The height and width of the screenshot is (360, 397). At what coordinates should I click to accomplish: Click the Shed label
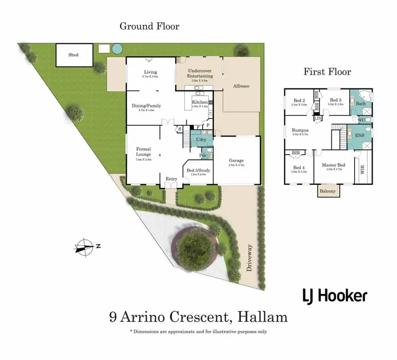[x=73, y=55]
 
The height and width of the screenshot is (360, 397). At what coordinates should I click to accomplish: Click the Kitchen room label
[x=200, y=102]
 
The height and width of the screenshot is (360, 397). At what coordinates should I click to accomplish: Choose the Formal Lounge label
[x=144, y=152]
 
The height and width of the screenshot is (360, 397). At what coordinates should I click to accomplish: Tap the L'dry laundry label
[x=201, y=139]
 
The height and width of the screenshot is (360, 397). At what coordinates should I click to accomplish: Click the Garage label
[x=237, y=160]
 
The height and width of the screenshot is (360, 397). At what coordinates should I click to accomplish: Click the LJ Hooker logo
[x=335, y=295]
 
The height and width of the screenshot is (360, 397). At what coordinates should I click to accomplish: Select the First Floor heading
[x=327, y=72]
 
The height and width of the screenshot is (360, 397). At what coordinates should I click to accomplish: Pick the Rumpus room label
[x=300, y=130]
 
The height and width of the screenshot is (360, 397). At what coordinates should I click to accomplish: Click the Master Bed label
[x=334, y=166]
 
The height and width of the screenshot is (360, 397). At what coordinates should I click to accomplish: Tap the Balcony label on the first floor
[x=327, y=191]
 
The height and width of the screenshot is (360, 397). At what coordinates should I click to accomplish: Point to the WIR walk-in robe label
[x=363, y=169]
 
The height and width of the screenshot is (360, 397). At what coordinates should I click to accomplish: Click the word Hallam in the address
[x=263, y=317]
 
